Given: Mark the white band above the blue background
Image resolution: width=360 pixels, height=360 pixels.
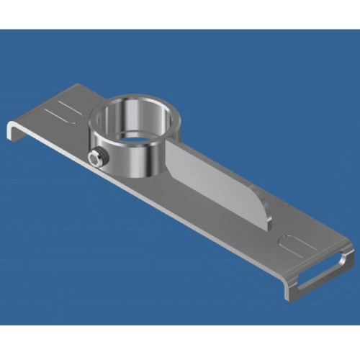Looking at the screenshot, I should [180, 14].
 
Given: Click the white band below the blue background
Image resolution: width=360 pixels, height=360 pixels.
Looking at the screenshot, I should [180, 342].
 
